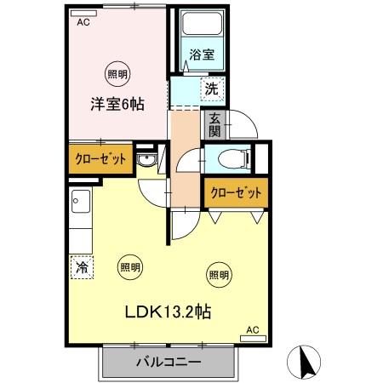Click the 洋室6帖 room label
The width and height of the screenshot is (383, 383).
pos(117,105)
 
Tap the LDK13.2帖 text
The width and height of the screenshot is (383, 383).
pos(171,312)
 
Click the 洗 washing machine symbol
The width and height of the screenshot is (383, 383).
pos(210,87)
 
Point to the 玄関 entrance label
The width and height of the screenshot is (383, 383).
pos(214,124)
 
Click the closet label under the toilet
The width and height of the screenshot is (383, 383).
pos(234,193)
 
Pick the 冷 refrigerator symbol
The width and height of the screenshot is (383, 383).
pos(83,267)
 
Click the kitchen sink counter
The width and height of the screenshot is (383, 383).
pos(82,218)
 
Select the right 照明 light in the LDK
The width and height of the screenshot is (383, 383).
pos(218,274)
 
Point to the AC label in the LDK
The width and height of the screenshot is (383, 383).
pos(252,329)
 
